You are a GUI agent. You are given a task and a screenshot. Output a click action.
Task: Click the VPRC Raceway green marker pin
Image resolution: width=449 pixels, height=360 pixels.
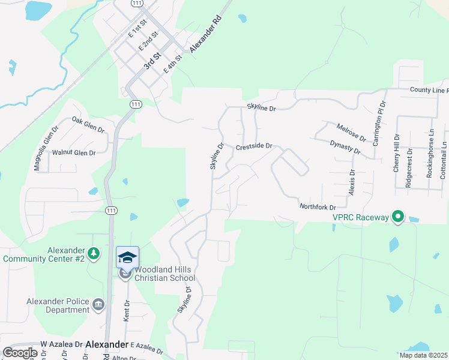[397, 216]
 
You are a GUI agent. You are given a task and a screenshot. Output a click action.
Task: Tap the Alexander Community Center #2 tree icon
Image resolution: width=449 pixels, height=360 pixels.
[94, 253]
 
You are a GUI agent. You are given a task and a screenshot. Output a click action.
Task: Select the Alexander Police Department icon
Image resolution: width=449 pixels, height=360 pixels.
[99, 305]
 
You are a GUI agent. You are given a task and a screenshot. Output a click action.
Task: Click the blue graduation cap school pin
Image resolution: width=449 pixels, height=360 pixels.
[127, 257]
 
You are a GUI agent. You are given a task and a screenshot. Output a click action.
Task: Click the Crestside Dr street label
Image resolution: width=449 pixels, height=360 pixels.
[254, 146]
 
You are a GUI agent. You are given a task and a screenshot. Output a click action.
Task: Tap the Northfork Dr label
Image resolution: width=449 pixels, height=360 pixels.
[317, 206]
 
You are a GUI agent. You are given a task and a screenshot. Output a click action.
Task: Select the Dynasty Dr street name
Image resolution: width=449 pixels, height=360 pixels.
[345, 148]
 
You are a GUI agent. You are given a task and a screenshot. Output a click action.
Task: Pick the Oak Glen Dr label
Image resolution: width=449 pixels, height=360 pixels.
[88, 125]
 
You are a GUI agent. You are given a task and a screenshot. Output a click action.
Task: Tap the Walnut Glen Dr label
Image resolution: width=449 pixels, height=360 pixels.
[74, 153]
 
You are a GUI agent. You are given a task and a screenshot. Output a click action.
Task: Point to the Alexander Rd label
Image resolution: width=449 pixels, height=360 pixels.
[205, 33]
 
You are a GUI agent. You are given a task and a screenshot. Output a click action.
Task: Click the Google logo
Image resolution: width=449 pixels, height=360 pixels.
[20, 353]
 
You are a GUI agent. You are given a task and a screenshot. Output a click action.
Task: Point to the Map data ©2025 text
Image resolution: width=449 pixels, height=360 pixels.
[423, 355]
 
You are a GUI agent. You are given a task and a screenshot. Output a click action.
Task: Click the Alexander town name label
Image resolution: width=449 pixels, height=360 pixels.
[107, 344]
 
